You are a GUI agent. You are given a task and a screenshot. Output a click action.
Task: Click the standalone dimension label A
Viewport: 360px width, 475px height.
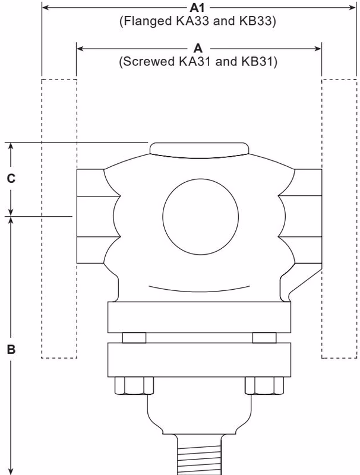199,47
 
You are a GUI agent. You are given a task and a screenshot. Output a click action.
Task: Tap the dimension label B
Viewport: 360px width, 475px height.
11,349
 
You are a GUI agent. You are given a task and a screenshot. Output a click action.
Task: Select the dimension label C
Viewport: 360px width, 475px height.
11,178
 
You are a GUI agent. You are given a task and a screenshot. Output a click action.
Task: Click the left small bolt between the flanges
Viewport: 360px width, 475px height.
134,338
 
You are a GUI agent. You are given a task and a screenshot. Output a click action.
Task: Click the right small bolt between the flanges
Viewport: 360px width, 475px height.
264,338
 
